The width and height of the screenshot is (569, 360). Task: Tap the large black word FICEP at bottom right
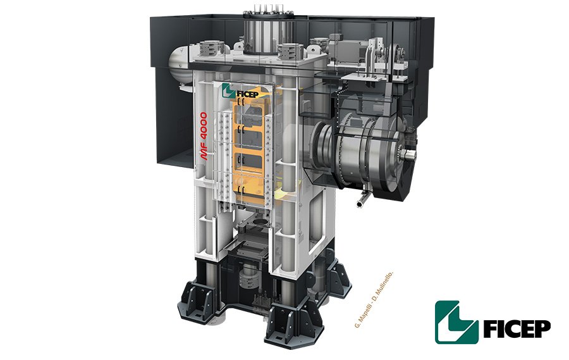[x=517, y=329]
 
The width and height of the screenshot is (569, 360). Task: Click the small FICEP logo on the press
[x=240, y=91]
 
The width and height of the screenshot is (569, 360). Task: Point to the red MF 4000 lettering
[x=204, y=136]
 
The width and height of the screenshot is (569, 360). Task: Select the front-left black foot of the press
[x=198, y=302]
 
